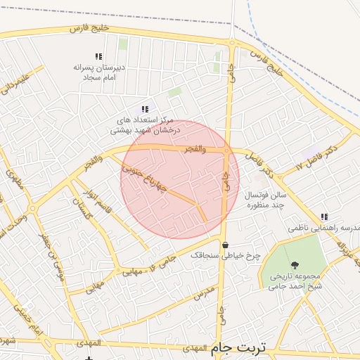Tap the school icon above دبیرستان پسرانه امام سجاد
(98, 56)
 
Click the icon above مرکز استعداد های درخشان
(145, 109)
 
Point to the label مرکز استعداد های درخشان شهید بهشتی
(145, 125)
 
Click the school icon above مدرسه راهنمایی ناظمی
(323, 217)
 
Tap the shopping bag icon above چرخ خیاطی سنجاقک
(224, 245)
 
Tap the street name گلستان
(83, 208)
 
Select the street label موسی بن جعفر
(53, 257)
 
